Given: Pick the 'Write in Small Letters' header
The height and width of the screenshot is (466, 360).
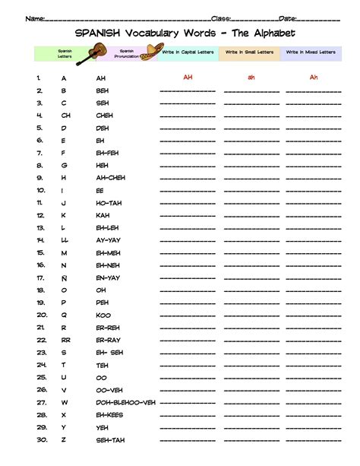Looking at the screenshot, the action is (248, 52).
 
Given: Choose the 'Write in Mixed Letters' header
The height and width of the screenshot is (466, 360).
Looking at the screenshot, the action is (311, 52).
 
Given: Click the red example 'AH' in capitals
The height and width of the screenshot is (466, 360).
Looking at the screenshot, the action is (187, 77).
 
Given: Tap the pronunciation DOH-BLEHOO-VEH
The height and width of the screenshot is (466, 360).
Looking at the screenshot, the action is (125, 402).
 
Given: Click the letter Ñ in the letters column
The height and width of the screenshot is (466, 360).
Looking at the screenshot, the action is (65, 277).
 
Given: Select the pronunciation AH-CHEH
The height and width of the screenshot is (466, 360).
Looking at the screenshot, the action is (111, 178).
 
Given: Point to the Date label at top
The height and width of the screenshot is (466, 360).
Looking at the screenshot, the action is (288, 17).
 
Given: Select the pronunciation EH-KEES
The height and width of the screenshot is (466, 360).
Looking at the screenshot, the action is (109, 414).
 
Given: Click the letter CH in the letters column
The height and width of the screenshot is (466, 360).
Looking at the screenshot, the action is (66, 116).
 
